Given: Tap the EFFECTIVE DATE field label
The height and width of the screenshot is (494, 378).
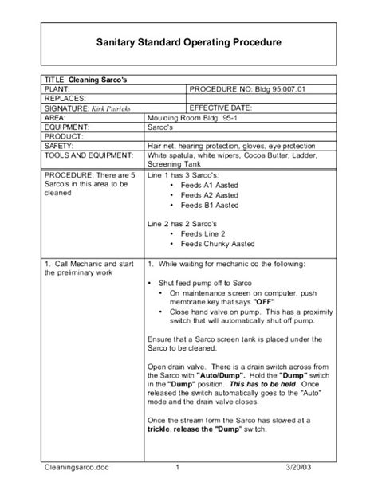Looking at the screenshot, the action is [221, 107].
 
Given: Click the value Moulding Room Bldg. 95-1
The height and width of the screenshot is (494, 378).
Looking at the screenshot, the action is [194, 117].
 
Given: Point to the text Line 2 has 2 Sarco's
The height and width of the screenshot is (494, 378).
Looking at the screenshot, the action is [183, 224].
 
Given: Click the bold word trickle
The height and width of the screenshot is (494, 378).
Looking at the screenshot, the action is [162, 430].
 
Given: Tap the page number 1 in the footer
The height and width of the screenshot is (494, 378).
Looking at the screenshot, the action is [177, 468].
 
